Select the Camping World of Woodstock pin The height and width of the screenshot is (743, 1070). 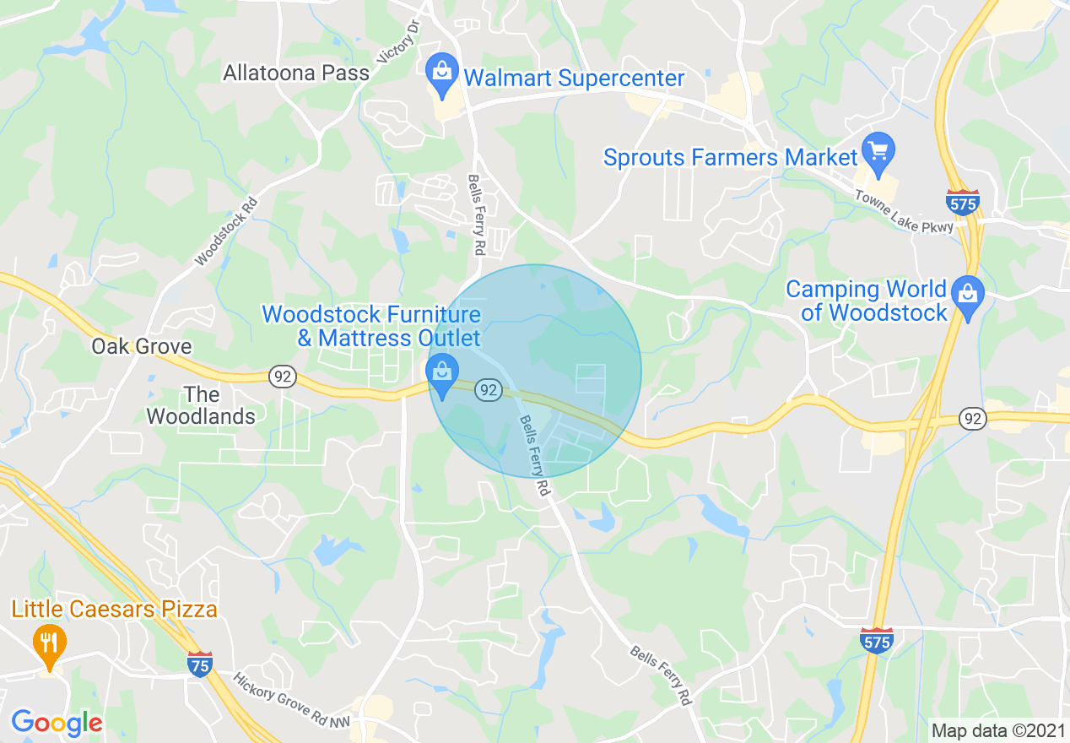coord(967,296)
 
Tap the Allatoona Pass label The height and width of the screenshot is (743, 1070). coord(296,73)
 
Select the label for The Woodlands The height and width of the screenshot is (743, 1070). coord(201,405)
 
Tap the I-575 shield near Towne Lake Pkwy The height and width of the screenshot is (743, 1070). coord(962,203)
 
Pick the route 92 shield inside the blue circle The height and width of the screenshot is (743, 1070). coord(488,389)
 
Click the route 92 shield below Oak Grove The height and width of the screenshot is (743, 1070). coord(283,377)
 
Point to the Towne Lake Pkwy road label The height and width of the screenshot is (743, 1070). coord(904,211)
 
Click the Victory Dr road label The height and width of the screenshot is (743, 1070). coord(399,42)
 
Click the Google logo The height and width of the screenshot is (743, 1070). coord(57,722)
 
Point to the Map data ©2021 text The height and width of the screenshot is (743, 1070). coord(997,729)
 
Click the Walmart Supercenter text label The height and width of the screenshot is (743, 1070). coord(574,79)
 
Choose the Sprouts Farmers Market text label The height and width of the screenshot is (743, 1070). coord(731,157)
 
